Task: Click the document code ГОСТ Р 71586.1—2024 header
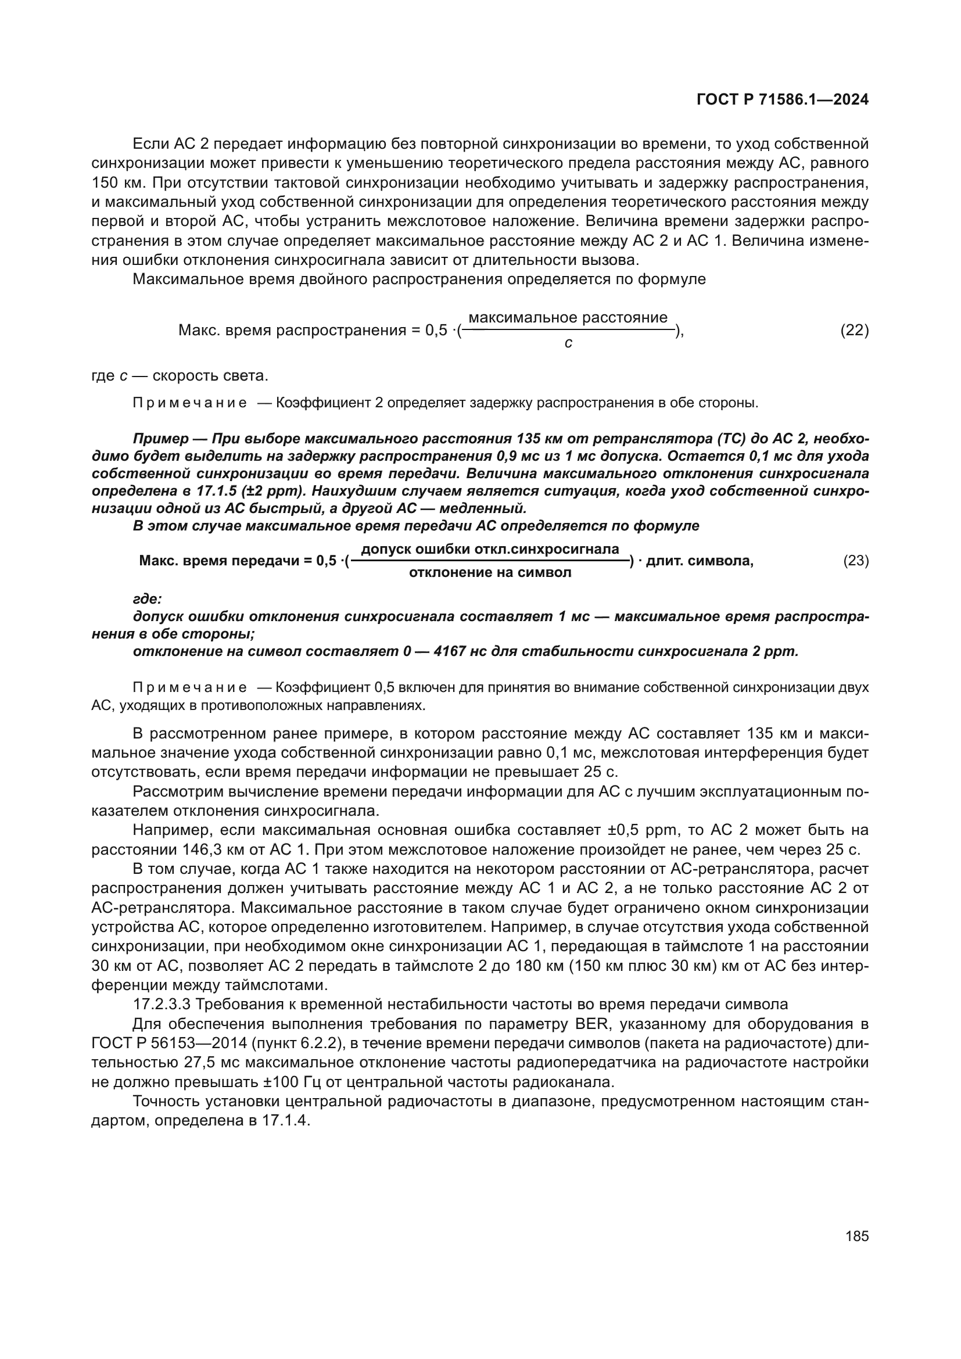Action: (x=782, y=100)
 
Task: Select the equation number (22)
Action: (x=855, y=330)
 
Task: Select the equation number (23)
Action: (x=856, y=561)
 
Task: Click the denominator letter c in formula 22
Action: (x=568, y=343)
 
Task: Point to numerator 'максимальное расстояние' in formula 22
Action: (x=568, y=318)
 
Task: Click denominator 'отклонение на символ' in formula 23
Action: (x=490, y=572)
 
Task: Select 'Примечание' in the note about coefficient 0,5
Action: (x=189, y=687)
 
